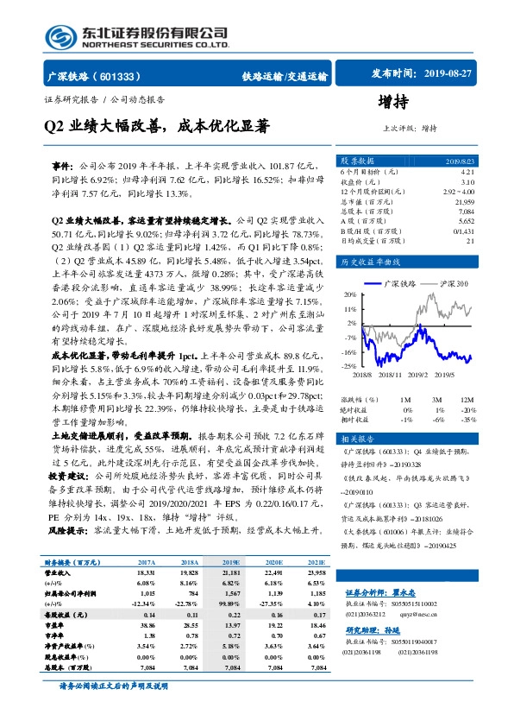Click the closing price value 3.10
click(x=467, y=181)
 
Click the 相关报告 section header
click(x=356, y=439)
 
